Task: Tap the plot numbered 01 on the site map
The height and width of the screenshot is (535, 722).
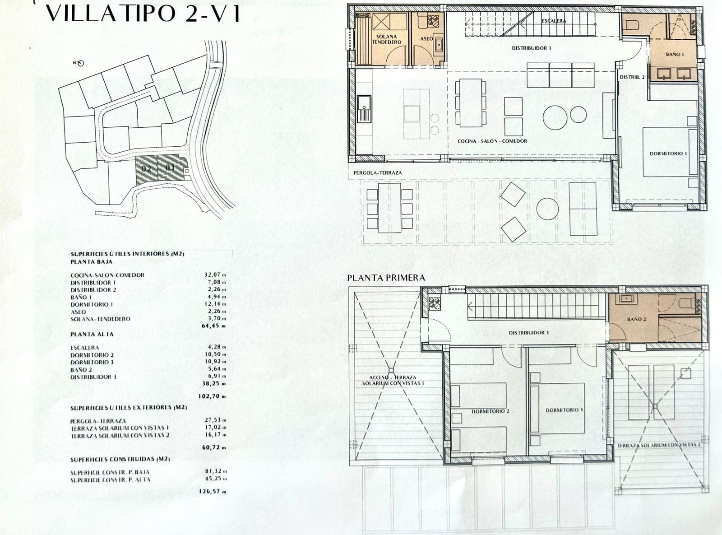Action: tap(170, 168)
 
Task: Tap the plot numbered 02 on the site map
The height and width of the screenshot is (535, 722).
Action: tap(146, 169)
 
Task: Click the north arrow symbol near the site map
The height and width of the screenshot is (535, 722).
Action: tap(80, 63)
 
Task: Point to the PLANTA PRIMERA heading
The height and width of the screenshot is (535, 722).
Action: tap(386, 278)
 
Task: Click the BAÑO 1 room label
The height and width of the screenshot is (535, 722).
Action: tap(675, 54)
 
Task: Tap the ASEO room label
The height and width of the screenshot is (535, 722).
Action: tap(426, 39)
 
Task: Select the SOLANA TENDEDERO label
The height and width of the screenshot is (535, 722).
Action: tap(386, 39)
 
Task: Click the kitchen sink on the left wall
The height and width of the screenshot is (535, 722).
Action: tap(364, 108)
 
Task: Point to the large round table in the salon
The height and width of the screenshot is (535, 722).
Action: tap(555, 117)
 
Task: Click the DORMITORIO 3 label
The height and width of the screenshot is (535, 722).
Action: tap(565, 410)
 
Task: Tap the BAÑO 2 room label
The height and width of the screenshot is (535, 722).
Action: tap(636, 319)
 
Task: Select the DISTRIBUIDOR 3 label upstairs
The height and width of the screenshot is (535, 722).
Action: tap(528, 333)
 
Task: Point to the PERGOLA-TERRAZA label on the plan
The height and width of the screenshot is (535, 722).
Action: tap(378, 172)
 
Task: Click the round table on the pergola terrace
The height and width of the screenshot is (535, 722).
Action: tap(547, 209)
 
